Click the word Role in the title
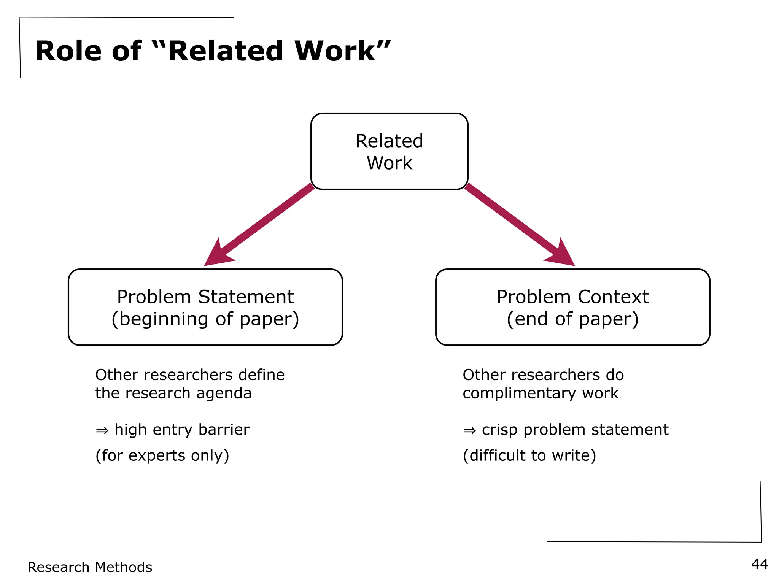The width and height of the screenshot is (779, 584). click(68, 51)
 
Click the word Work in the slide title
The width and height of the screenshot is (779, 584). click(335, 51)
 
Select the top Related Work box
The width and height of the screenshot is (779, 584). click(389, 151)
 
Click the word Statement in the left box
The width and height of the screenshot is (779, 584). click(246, 297)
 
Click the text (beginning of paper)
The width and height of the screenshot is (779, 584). click(205, 319)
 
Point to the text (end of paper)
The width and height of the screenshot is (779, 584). click(572, 319)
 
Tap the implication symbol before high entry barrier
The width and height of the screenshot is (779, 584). click(102, 430)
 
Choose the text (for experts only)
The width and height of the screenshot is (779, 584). click(162, 455)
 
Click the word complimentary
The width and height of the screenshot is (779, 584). click(519, 394)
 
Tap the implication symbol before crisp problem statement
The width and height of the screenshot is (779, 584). click(469, 430)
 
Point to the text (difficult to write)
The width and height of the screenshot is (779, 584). click(529, 455)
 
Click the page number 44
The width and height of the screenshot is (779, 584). click(759, 564)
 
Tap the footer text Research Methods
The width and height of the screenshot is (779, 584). click(90, 567)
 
